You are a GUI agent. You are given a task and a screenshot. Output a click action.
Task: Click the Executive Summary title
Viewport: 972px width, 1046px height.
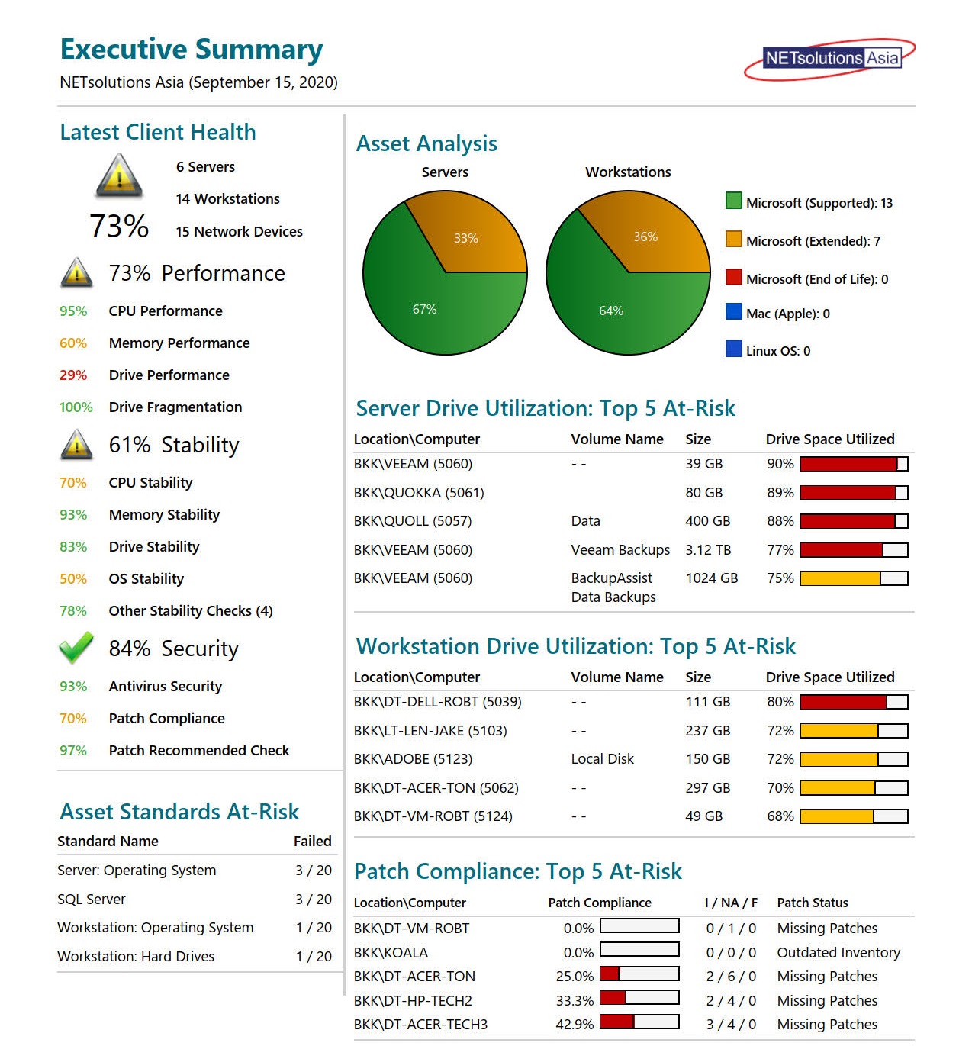click(x=192, y=49)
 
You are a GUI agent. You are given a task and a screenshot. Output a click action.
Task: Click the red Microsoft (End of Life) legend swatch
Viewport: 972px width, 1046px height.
click(x=733, y=277)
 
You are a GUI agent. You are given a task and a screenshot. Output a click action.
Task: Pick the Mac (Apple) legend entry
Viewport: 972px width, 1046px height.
click(x=787, y=314)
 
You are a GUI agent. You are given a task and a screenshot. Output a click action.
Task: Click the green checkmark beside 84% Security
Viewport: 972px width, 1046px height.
click(x=76, y=648)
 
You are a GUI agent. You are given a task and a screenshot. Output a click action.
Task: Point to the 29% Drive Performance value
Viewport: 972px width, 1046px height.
click(x=73, y=375)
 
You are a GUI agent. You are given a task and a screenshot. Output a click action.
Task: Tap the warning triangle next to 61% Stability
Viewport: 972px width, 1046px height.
click(x=76, y=445)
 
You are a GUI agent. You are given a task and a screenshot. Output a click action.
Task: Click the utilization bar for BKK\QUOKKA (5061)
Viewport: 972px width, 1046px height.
click(x=853, y=493)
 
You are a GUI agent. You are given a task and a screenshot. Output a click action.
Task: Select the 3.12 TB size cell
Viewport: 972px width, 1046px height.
click(x=707, y=550)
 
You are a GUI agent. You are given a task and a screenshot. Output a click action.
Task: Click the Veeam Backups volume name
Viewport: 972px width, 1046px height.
click(x=620, y=550)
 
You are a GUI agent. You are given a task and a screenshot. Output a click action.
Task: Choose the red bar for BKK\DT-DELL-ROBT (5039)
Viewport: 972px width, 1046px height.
click(x=843, y=702)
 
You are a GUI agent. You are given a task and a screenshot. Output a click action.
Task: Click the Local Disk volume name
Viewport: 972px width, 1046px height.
click(x=602, y=759)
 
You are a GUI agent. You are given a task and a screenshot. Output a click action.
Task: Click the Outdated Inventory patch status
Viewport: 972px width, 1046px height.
click(x=838, y=953)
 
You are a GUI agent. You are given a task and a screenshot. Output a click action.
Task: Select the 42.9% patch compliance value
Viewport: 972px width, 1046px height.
click(x=575, y=1025)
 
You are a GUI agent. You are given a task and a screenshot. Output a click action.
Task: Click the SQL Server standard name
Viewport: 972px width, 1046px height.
click(x=91, y=900)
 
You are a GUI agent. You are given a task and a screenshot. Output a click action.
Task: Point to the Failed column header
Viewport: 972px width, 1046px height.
click(x=312, y=842)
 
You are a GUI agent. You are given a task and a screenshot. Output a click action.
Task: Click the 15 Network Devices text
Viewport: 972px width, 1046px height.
click(x=239, y=232)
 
